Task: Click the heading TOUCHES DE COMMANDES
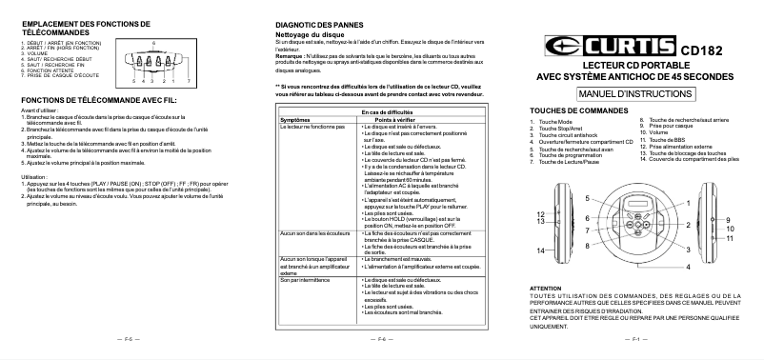tap(586, 111)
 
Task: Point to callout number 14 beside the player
tap(539, 250)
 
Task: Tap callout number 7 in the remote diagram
tap(189, 82)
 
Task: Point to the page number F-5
tap(127, 338)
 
